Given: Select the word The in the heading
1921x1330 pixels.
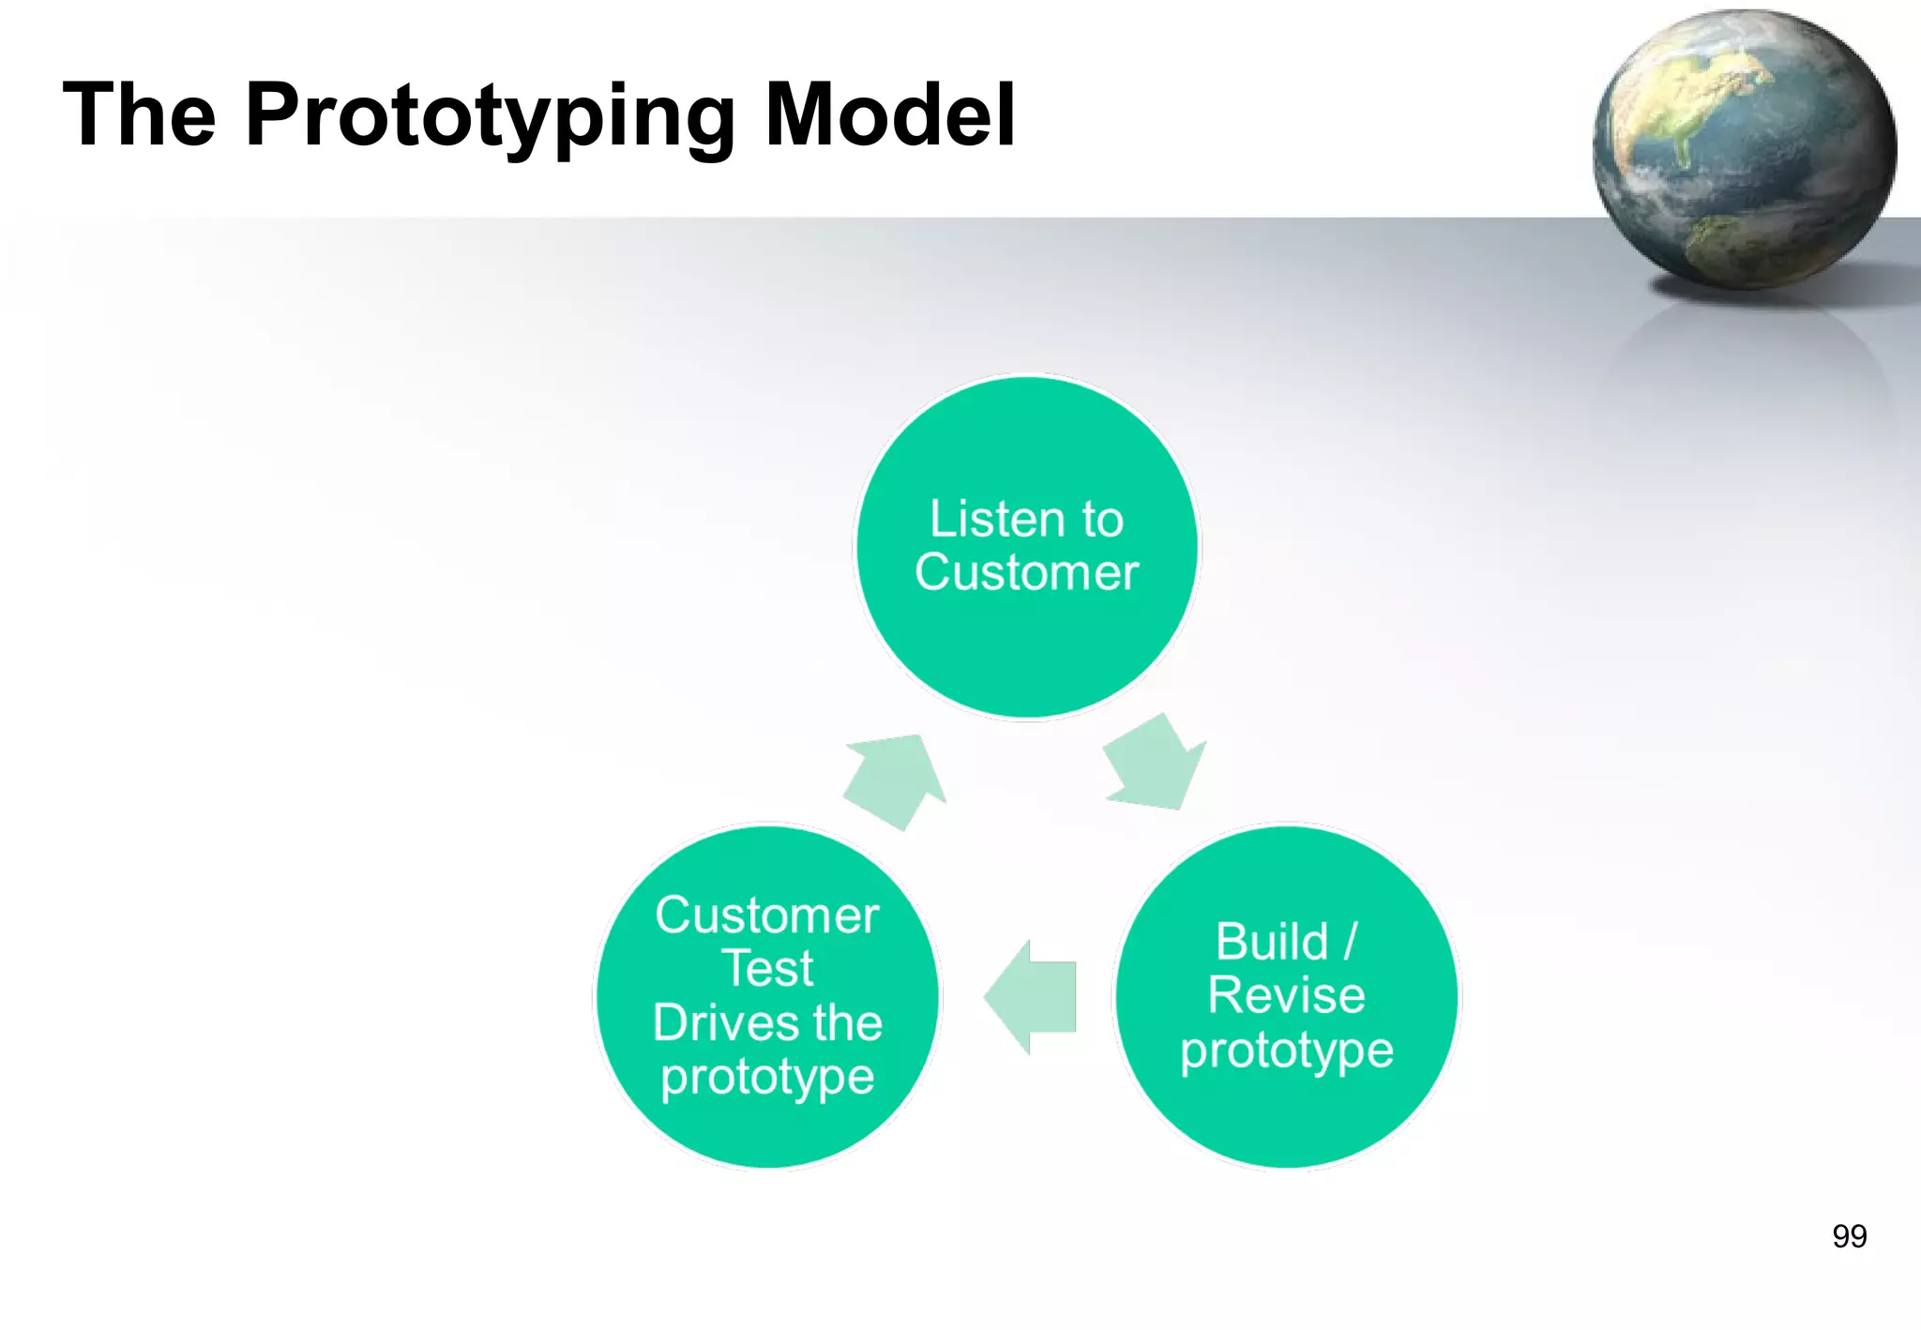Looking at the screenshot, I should [x=139, y=114].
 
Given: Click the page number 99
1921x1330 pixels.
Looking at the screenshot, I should [x=1849, y=1236].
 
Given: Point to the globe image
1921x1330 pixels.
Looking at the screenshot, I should [x=1745, y=150].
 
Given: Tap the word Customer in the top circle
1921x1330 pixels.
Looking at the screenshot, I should [x=1026, y=573].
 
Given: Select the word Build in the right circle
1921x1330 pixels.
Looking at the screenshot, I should [x=1272, y=942].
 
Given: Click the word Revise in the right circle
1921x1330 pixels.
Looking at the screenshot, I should [x=1286, y=995].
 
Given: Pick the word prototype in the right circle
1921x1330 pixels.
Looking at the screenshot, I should [x=1286, y=1050].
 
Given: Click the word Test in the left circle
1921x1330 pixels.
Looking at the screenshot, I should [x=767, y=969].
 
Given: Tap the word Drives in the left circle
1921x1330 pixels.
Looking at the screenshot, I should [x=720, y=1023].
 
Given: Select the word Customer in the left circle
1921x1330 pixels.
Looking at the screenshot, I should [x=767, y=915].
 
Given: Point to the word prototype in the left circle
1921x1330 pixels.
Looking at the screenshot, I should [x=767, y=1077].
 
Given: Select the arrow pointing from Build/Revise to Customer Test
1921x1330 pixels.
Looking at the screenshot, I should [x=1032, y=997].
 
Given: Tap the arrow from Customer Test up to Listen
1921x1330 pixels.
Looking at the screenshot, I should [x=896, y=780].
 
